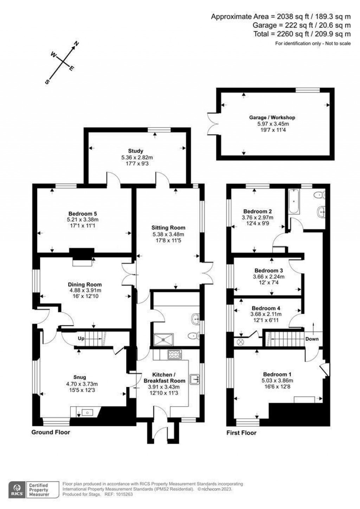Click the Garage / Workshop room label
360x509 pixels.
272,117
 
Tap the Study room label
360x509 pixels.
135,151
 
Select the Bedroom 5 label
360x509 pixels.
83,214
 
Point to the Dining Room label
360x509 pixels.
85,285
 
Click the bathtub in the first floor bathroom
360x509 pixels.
293,202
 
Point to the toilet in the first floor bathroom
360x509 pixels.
319,195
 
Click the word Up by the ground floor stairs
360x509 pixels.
81,339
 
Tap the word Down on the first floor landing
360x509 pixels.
312,339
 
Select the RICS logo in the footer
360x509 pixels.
16,489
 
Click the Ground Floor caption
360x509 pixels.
51,432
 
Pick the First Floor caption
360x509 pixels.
241,433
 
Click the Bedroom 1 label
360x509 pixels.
277,374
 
